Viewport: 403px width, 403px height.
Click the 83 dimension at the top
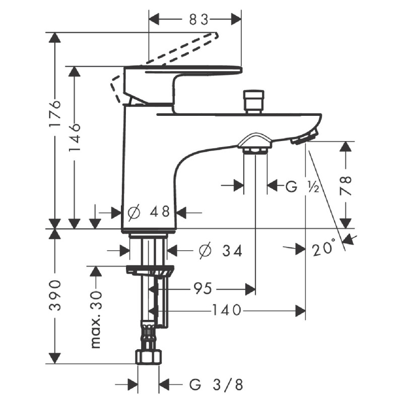198,20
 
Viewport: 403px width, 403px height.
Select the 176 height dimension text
55,113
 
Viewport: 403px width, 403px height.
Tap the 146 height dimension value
75,137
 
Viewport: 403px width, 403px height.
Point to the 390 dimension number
55,295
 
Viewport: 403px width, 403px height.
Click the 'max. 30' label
96,319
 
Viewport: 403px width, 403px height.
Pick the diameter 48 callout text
149,212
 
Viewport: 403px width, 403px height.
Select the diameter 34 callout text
221,250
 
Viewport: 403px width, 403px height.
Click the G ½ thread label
302,186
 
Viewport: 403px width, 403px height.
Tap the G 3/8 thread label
216,384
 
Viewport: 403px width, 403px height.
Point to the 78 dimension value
346,185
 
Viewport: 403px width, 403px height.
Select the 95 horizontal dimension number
203,288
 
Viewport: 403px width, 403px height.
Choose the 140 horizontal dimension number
227,310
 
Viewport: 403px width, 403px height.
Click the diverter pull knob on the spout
254,102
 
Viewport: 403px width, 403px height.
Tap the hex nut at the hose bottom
149,357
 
